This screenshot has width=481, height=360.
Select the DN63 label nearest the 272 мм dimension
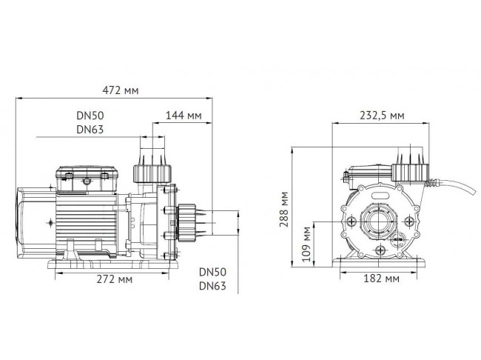[x=212, y=286]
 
